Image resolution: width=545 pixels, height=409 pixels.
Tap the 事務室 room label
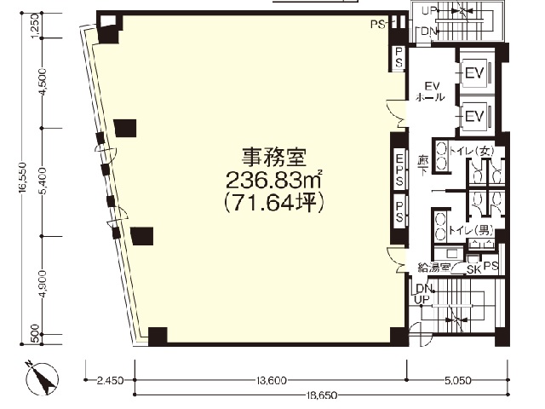point(273,158)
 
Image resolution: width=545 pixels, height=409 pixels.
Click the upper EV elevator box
point(474,73)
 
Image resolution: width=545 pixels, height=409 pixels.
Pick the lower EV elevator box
point(474,115)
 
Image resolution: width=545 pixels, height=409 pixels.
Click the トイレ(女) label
point(472,151)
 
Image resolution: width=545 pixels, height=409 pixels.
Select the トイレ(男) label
point(471,230)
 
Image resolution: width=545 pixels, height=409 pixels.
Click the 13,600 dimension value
point(271,380)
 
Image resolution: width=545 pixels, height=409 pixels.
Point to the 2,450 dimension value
point(110,380)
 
